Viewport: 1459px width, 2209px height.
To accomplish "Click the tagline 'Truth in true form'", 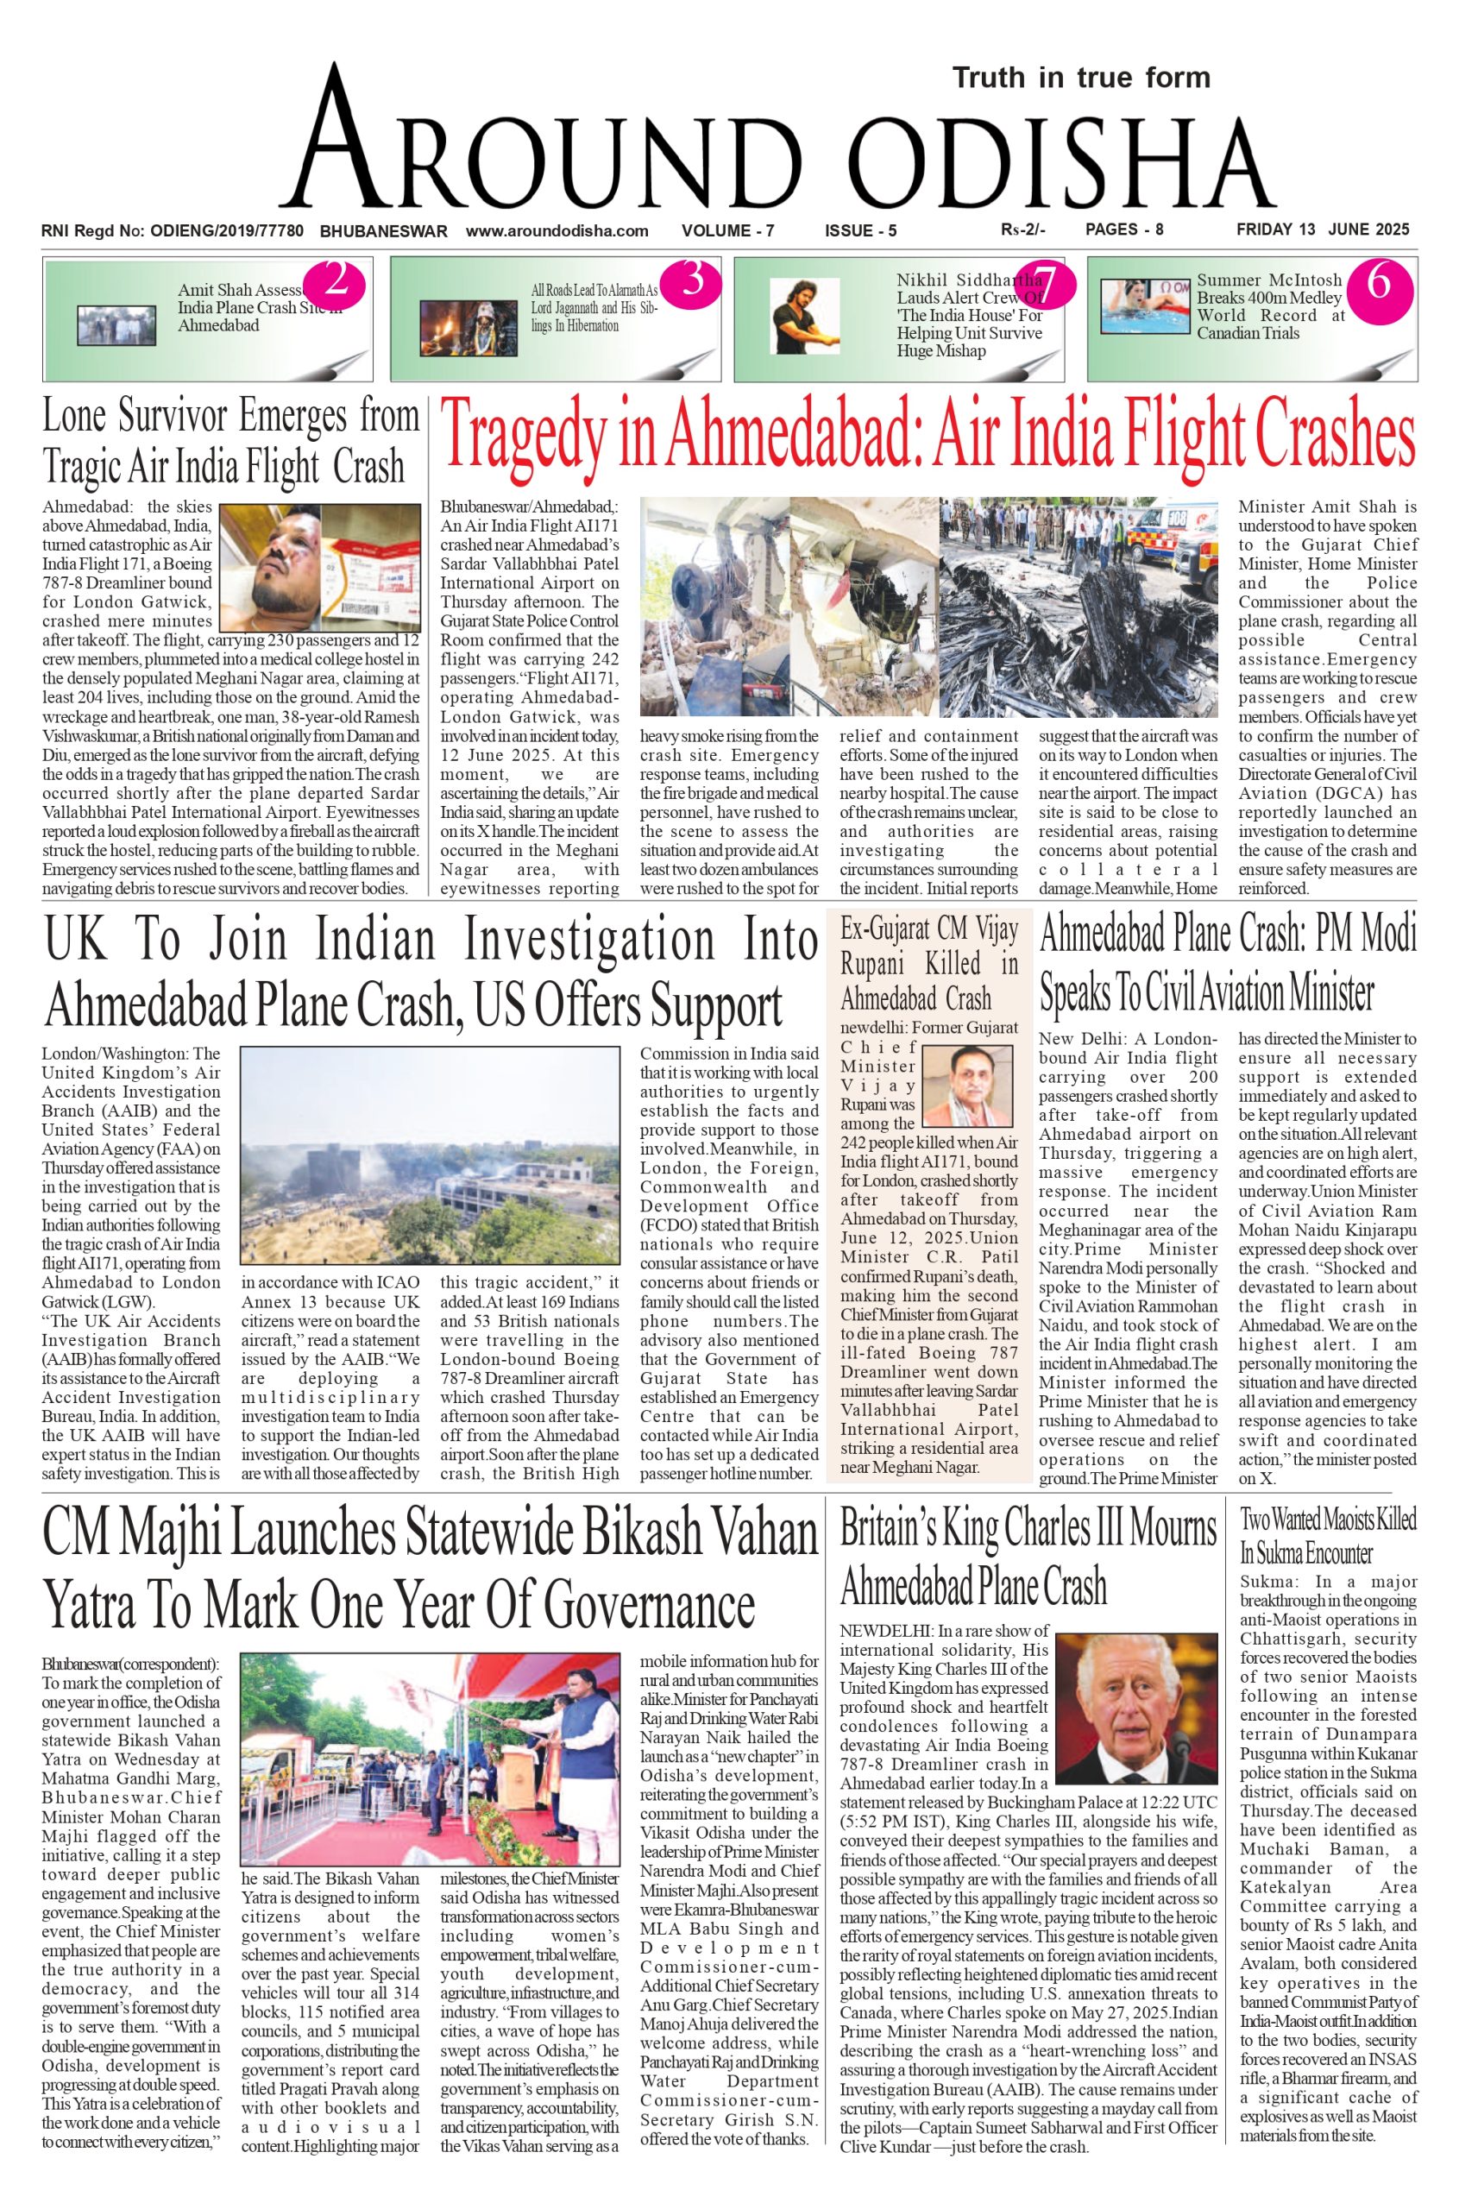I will (x=1080, y=79).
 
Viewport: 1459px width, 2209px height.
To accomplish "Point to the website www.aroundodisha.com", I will (x=557, y=230).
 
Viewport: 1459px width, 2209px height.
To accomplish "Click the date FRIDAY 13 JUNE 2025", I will (x=1322, y=230).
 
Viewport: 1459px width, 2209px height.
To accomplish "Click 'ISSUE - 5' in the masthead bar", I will (x=861, y=230).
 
